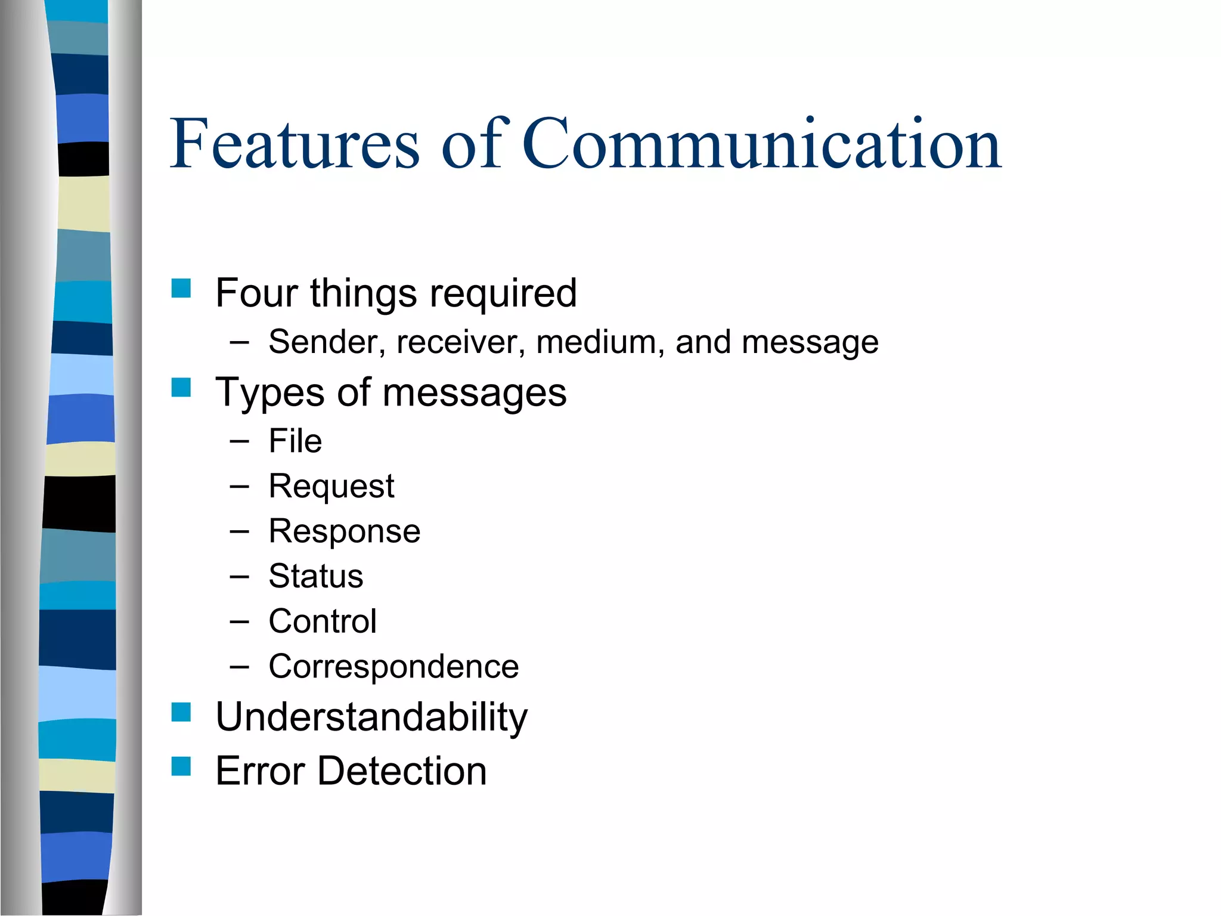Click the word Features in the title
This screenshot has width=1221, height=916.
[295, 144]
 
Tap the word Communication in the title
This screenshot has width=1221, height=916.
[761, 144]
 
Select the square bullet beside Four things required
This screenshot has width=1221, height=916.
[181, 289]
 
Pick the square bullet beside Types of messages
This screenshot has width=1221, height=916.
[181, 388]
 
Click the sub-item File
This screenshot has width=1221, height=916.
[295, 441]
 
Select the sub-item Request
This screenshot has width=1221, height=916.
[331, 486]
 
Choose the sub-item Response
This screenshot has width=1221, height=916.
[344, 531]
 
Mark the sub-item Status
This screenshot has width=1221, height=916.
[315, 576]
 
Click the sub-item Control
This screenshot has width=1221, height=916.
[323, 621]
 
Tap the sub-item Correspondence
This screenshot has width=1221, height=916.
[393, 666]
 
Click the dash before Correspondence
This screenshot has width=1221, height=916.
[239, 667]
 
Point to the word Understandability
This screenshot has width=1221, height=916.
[371, 717]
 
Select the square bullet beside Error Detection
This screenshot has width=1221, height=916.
[181, 766]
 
